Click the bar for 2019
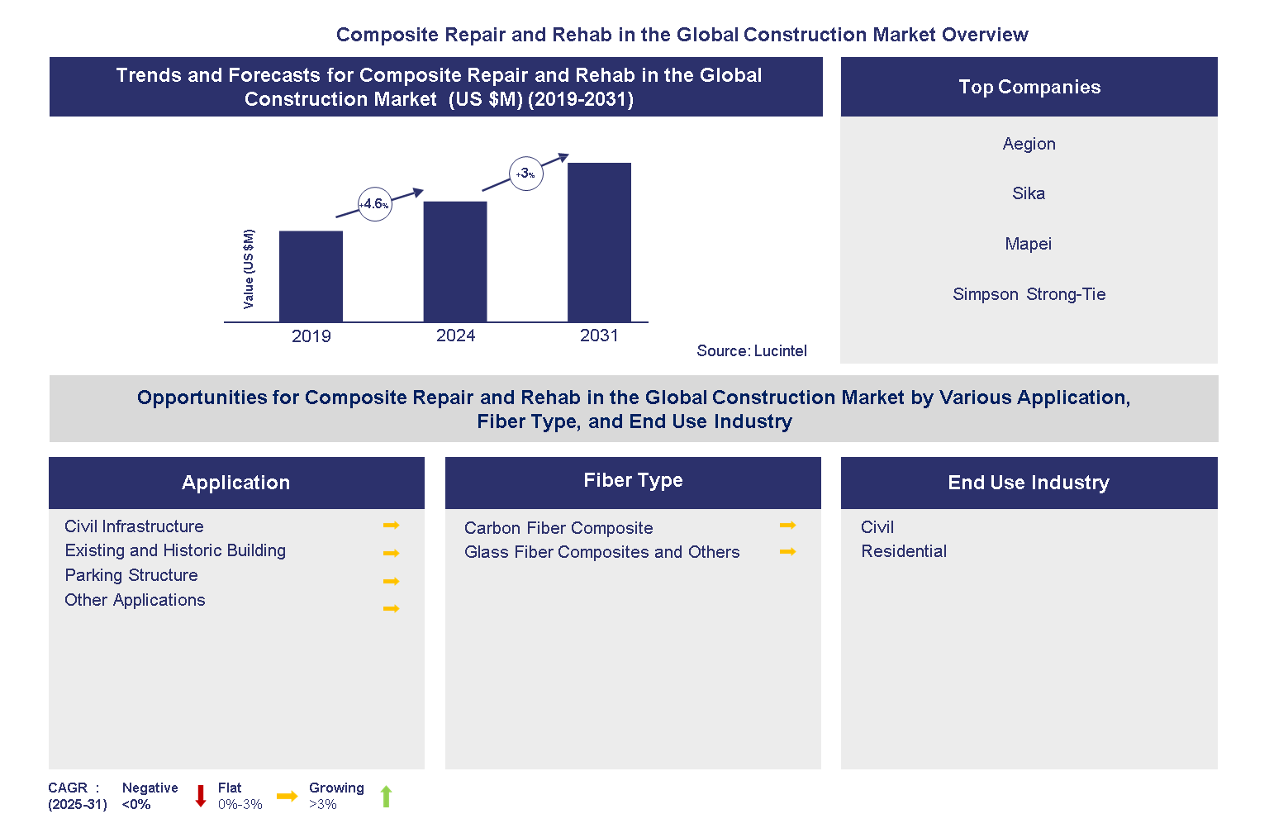[x=311, y=276]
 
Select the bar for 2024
[x=455, y=261]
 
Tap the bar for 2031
[x=599, y=242]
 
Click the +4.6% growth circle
[x=374, y=204]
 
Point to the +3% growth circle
[x=525, y=174]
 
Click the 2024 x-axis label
[x=455, y=336]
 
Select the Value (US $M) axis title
[x=249, y=269]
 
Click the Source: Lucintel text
[x=751, y=351]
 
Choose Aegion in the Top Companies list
[x=1029, y=144]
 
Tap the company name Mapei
[x=1028, y=244]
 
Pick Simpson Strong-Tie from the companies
[x=1029, y=294]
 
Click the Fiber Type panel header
[x=633, y=482]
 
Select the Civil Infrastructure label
[x=134, y=526]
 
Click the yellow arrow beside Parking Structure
[x=391, y=581]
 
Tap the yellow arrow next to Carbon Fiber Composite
[x=787, y=526]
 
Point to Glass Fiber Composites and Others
[x=601, y=552]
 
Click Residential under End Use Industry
[x=904, y=551]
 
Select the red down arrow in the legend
[x=200, y=796]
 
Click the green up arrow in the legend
[x=386, y=797]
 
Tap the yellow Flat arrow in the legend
[x=287, y=797]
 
